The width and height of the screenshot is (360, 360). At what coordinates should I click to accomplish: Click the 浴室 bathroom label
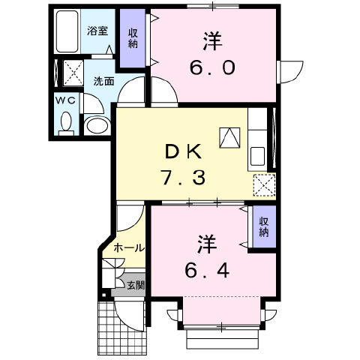(97, 31)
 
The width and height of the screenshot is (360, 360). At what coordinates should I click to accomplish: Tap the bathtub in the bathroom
(67, 31)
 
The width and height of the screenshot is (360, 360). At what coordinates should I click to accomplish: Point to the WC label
(65, 100)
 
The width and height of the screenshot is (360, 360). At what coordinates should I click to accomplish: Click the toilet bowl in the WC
(66, 123)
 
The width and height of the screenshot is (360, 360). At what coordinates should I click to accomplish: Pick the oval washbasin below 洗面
(97, 126)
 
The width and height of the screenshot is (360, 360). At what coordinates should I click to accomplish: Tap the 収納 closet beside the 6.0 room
(133, 38)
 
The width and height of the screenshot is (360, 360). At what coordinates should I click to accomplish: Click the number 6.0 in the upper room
(212, 68)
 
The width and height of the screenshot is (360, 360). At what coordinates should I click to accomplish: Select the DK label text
(184, 152)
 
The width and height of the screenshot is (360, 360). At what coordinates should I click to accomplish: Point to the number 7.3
(183, 177)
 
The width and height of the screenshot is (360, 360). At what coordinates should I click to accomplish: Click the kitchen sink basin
(257, 156)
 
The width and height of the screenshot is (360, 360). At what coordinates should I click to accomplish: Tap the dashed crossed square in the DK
(265, 185)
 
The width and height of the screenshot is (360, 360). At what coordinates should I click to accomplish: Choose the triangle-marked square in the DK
(229, 138)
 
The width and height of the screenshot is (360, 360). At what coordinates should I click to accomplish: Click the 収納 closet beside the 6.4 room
(264, 226)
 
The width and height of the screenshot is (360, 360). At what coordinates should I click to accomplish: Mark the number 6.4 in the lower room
(207, 271)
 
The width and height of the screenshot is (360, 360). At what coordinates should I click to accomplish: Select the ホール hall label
(129, 248)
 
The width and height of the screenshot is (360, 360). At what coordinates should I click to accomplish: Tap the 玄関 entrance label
(136, 285)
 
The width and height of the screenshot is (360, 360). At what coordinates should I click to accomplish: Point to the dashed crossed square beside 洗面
(73, 73)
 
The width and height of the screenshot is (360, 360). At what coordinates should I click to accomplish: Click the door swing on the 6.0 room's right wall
(291, 72)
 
